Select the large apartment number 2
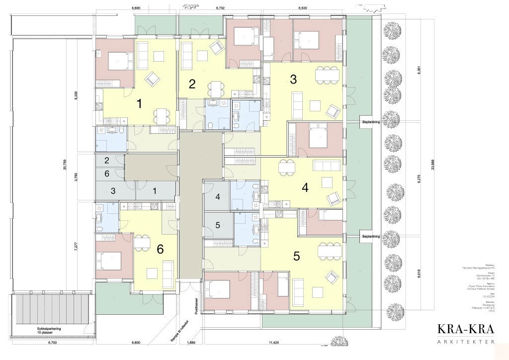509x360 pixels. (192, 84)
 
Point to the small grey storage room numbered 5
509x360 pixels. (217, 225)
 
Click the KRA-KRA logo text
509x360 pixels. (466, 329)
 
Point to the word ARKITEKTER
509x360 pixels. (466, 342)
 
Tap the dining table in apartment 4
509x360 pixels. (287, 167)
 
